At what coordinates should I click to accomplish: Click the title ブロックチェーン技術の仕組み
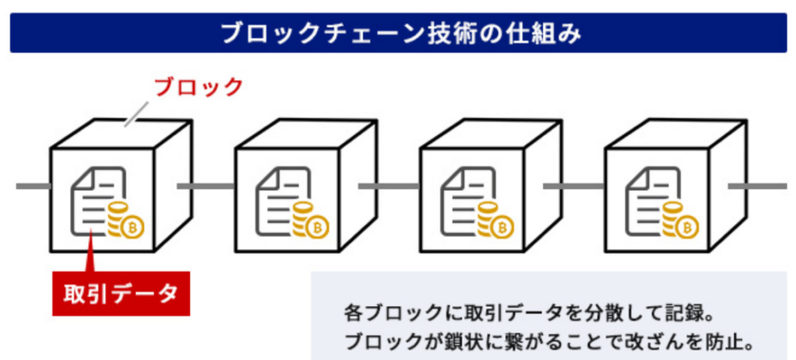tap(398, 33)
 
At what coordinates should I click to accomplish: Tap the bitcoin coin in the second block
tap(318, 227)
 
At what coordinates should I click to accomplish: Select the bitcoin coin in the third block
tap(502, 227)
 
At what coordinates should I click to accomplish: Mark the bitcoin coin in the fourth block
tap(687, 227)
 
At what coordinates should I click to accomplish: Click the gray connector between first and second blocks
tap(205, 186)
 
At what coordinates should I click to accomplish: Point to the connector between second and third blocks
tap(389, 186)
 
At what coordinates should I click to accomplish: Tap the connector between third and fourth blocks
tap(574, 186)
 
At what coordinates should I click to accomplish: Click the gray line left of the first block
tap(33, 186)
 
